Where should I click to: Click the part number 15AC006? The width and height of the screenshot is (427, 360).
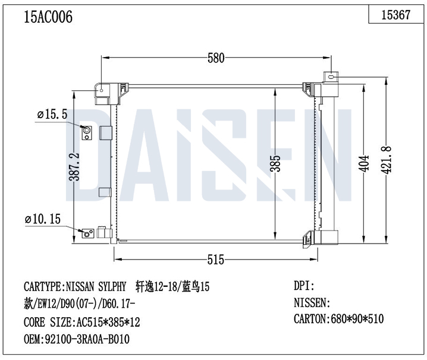(x=48, y=17)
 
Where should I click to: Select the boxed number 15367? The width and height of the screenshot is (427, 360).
(x=395, y=14)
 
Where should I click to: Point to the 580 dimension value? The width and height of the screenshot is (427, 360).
(x=216, y=58)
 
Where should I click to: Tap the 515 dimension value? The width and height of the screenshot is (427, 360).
(x=216, y=260)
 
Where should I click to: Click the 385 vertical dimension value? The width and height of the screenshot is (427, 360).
(x=275, y=163)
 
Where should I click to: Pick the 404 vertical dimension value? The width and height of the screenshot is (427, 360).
(x=364, y=163)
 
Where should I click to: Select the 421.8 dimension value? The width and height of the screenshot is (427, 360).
(x=385, y=160)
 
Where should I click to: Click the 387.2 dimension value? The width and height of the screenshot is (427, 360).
(x=74, y=167)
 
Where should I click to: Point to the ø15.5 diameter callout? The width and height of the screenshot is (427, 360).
(x=52, y=115)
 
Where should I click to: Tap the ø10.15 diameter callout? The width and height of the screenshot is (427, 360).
(x=43, y=219)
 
